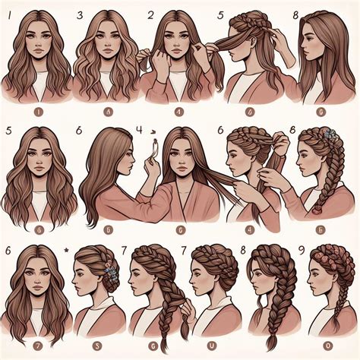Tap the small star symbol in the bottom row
pyautogui.click(x=68, y=248)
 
